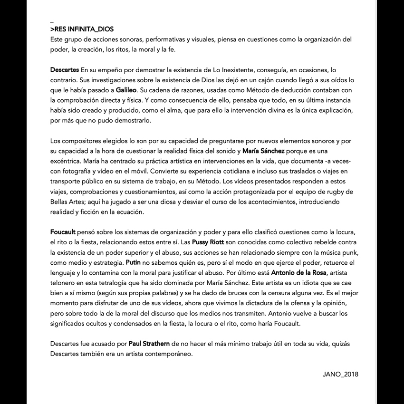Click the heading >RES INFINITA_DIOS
[82, 29]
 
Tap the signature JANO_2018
[340, 374]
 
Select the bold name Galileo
[126, 90]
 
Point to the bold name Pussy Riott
[207, 241]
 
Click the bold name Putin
[133, 262]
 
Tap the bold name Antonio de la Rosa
[299, 273]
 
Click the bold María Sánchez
[263, 151]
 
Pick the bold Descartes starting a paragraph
[65, 70]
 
